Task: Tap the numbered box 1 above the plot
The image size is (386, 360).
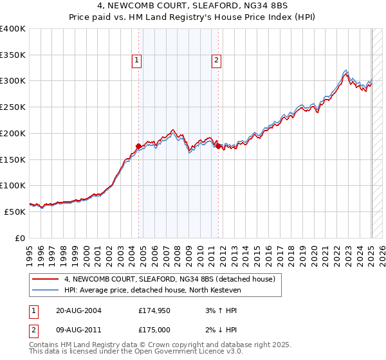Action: pos(138,61)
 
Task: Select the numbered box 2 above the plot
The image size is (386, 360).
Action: pos(216,61)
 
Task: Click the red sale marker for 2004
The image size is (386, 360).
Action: pos(138,146)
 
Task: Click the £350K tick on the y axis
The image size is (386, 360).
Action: pos(13,55)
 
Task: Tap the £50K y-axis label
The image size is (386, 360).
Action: pos(15,212)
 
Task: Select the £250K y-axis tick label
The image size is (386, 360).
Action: pos(13,107)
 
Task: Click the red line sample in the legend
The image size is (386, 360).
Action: pos(46,279)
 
